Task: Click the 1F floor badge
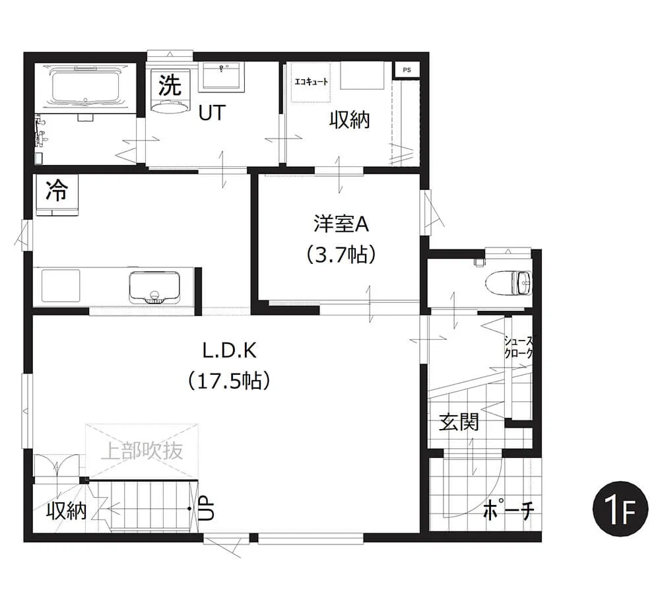[x=620, y=510]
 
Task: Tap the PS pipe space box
[x=407, y=70]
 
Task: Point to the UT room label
[x=212, y=112]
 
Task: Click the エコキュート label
[x=311, y=82]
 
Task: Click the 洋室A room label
[x=341, y=224]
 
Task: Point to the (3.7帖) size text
[x=341, y=254]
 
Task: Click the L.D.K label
[x=230, y=350]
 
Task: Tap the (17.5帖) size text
[x=230, y=381]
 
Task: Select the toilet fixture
[x=508, y=282]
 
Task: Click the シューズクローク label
[x=518, y=347]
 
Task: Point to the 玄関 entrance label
[x=459, y=421]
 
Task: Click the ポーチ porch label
[x=508, y=510]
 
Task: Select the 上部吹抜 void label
[x=142, y=450]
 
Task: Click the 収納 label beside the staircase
[x=67, y=511]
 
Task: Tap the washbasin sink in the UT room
[x=222, y=76]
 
